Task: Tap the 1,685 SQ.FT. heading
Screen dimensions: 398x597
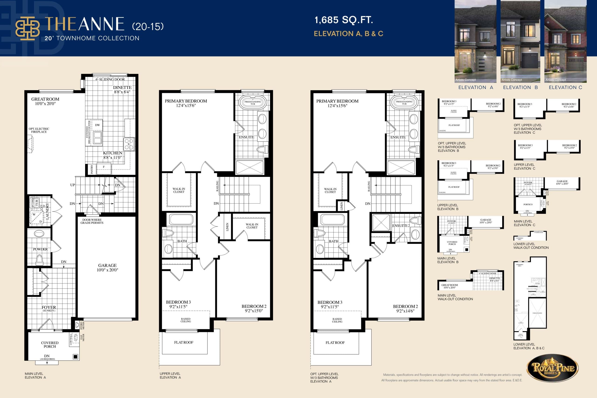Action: (x=344, y=20)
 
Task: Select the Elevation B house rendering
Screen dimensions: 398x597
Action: (x=520, y=41)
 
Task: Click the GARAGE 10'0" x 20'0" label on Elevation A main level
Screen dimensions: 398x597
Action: (x=107, y=267)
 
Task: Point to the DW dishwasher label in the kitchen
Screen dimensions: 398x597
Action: (x=97, y=125)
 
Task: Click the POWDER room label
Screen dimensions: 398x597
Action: (x=40, y=249)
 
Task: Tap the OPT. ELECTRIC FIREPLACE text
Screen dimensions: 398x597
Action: (x=39, y=130)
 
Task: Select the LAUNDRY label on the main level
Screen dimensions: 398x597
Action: (x=47, y=211)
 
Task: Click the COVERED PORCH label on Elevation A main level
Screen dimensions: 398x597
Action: (x=50, y=344)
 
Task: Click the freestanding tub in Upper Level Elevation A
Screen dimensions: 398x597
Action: (x=253, y=103)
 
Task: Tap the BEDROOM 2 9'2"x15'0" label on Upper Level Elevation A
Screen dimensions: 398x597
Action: (x=254, y=308)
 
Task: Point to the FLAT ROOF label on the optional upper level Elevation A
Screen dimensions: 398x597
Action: (x=335, y=343)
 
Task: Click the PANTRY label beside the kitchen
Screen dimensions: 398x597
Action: (x=92, y=169)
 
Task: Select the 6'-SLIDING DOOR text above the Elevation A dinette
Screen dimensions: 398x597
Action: (x=110, y=80)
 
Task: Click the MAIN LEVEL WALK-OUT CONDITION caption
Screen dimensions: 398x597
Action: (x=455, y=297)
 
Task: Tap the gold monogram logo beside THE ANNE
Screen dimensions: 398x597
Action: (x=28, y=28)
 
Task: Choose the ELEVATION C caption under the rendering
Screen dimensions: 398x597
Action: (x=565, y=87)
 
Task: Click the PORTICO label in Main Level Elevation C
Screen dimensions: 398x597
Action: (x=528, y=204)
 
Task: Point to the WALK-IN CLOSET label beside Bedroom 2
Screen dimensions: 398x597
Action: (x=252, y=226)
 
